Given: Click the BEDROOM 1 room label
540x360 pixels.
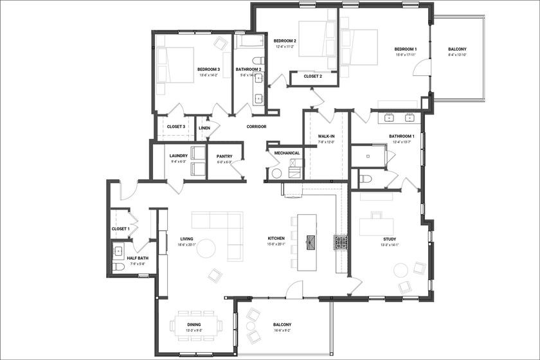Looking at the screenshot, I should [x=406, y=50].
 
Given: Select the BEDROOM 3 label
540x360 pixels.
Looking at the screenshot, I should [x=208, y=69].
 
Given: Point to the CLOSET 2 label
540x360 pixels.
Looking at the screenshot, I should [x=312, y=76].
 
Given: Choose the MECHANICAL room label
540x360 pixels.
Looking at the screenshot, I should [x=287, y=153].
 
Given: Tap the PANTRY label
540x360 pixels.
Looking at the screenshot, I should [x=224, y=156].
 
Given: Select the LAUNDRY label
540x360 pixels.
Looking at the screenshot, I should [x=178, y=156].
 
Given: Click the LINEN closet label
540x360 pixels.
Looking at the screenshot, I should [x=204, y=128].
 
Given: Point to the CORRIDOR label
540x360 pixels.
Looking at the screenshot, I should [x=256, y=127].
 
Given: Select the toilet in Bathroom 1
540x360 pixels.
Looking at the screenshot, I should [x=364, y=178].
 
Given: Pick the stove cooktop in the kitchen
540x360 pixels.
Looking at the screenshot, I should [x=341, y=242].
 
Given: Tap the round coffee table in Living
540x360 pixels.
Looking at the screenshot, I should [x=206, y=248].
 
